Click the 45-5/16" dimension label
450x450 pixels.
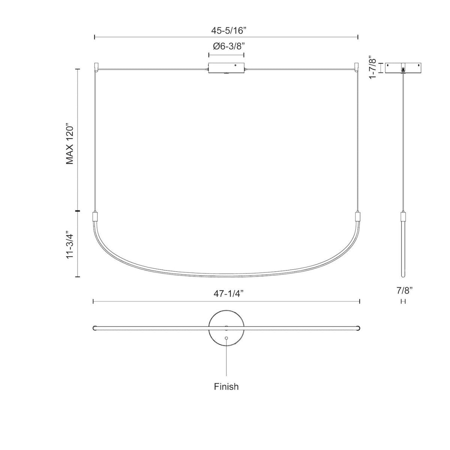226,32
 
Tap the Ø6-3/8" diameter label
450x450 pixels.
226,47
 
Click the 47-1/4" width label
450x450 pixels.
226,294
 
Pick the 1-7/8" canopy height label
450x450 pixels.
373,67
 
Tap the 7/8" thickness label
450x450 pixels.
403,291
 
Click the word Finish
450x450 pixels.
226,387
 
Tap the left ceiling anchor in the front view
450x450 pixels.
96,67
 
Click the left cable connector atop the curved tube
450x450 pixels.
95,217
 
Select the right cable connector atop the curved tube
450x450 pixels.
357,217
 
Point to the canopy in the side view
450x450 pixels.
403,67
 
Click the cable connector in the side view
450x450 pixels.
403,217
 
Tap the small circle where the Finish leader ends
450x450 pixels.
226,338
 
